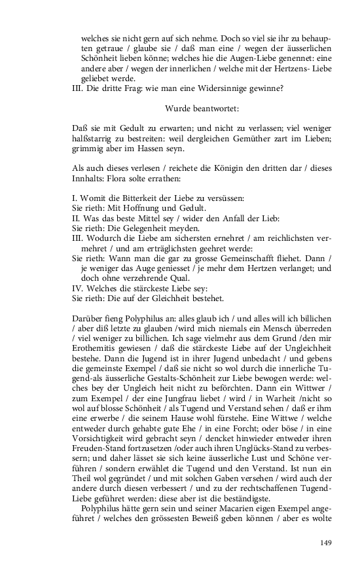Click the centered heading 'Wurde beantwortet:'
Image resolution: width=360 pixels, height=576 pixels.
tap(202, 107)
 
